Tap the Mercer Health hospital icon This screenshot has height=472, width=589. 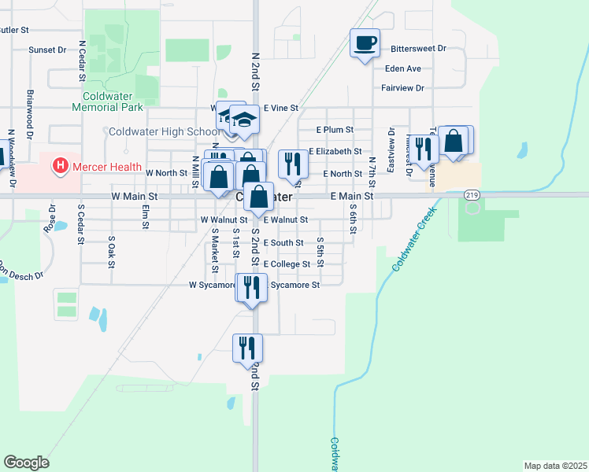(x=59, y=166)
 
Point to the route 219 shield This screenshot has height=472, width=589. (x=472, y=194)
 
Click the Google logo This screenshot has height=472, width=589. (x=26, y=462)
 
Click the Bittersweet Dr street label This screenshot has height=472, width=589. (x=418, y=49)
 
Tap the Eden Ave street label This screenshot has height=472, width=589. (x=402, y=68)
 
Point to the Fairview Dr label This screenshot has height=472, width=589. (x=402, y=88)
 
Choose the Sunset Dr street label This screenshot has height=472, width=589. (x=47, y=50)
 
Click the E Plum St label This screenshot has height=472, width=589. (x=334, y=129)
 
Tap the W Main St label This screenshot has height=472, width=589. (x=135, y=195)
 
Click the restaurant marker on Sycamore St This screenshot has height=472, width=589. (x=250, y=286)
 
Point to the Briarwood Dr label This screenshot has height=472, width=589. (x=30, y=108)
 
